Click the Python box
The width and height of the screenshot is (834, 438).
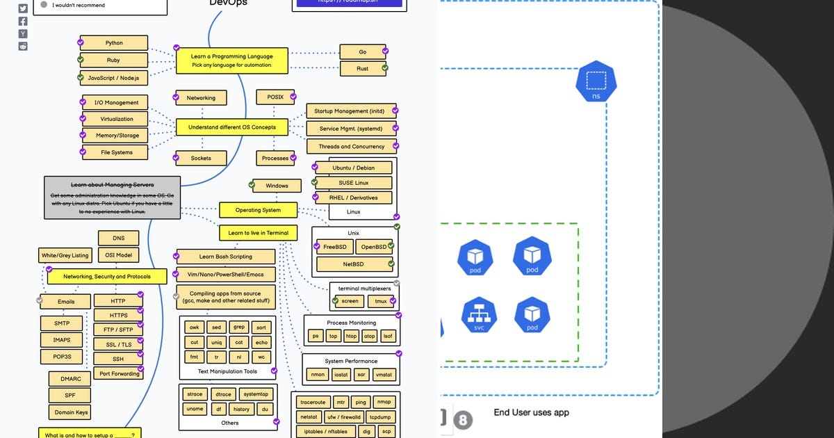click(114, 43)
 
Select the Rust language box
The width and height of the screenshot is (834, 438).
click(362, 69)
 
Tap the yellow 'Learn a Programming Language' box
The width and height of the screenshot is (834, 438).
click(232, 60)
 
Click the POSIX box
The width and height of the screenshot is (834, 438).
click(275, 97)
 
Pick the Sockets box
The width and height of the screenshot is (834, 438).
click(201, 159)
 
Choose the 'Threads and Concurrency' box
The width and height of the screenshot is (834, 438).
click(351, 147)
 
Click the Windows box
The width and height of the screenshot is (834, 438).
click(277, 186)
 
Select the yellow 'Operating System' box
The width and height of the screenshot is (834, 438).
click(258, 210)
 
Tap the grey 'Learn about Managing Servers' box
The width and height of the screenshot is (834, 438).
click(113, 197)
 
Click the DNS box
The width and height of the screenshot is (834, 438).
click(119, 238)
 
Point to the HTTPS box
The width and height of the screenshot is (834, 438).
click(119, 316)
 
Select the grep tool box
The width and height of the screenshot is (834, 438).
click(239, 327)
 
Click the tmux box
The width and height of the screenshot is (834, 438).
click(381, 301)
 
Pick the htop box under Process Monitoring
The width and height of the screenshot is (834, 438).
click(352, 336)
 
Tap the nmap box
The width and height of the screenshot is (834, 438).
click(384, 402)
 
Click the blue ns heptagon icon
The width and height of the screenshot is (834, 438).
click(596, 82)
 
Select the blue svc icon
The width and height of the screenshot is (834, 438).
click(479, 315)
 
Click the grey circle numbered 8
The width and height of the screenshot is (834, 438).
click(464, 420)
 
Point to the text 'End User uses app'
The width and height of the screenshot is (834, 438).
click(531, 413)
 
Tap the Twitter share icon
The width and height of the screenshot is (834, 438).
click(23, 8)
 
